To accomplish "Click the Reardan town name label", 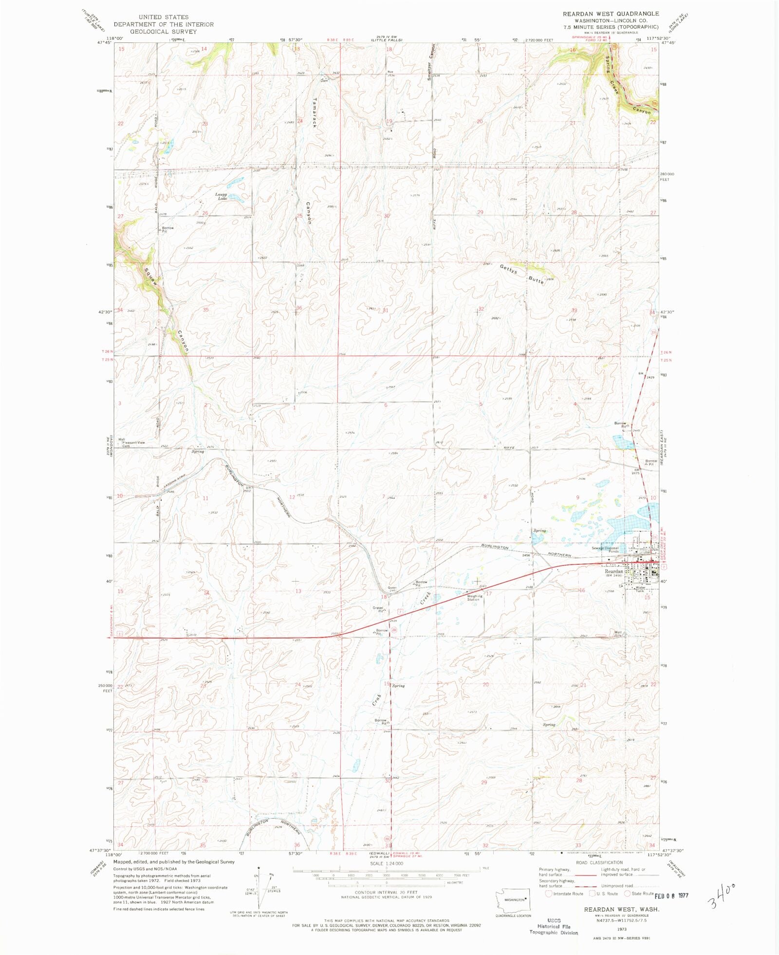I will click(x=614, y=571).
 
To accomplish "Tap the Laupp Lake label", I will click(x=222, y=196).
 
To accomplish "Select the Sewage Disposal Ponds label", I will click(x=605, y=549).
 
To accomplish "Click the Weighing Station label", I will click(x=474, y=598).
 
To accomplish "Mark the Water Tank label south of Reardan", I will click(x=640, y=589).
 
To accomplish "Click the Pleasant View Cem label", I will click(x=133, y=444).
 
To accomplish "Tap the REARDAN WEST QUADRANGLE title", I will click(x=611, y=14).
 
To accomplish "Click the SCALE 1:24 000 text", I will click(x=386, y=863).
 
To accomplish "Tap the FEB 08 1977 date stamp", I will click(x=671, y=895).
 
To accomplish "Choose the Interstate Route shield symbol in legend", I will click(x=549, y=894).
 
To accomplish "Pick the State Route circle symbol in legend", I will click(x=628, y=894).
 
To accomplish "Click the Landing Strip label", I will click(x=174, y=479).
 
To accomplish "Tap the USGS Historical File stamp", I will click(x=554, y=926).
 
